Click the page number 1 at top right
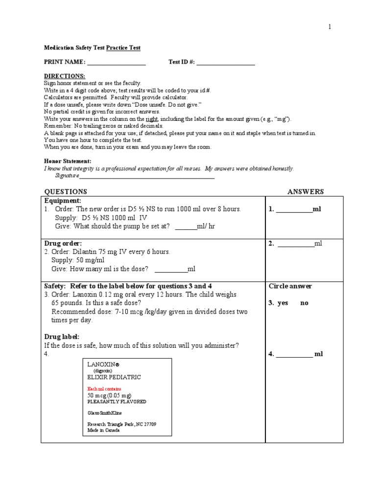coord(330,27)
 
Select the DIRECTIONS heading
coord(65,76)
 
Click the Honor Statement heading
coord(68,161)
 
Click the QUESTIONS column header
coord(66,192)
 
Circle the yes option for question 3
coord(282,303)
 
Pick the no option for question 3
coord(305,303)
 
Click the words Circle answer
coord(290,286)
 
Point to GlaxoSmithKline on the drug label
coord(105,413)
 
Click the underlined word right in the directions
coord(151,119)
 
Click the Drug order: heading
coord(63,243)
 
